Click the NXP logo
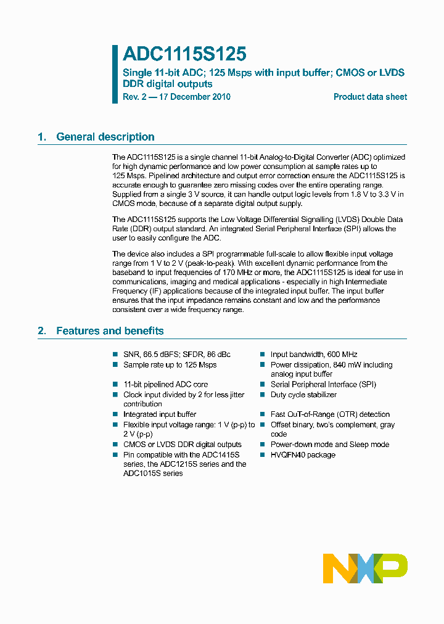pyautogui.click(x=365, y=568)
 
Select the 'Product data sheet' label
pyautogui.click(x=370, y=97)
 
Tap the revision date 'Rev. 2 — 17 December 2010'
pyautogui.click(x=177, y=97)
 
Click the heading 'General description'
pyautogui.click(x=105, y=137)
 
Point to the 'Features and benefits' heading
pyautogui.click(x=110, y=331)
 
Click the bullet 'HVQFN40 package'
pyautogui.click(x=303, y=455)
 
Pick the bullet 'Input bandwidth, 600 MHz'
pyautogui.click(x=314, y=355)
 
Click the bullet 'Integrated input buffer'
pyautogui.click(x=160, y=414)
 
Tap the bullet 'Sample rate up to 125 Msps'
pyautogui.click(x=170, y=365)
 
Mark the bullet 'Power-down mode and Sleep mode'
pyautogui.click(x=330, y=445)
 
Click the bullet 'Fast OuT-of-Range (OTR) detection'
pyautogui.click(x=330, y=414)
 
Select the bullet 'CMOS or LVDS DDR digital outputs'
pyautogui.click(x=183, y=445)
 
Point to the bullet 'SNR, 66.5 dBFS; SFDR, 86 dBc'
pyautogui.click(x=177, y=355)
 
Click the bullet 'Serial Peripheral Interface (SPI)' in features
pyautogui.click(x=323, y=384)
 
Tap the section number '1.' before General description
pyautogui.click(x=42, y=137)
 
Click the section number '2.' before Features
pyautogui.click(x=42, y=331)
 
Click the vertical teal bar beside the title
pyautogui.click(x=115, y=74)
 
